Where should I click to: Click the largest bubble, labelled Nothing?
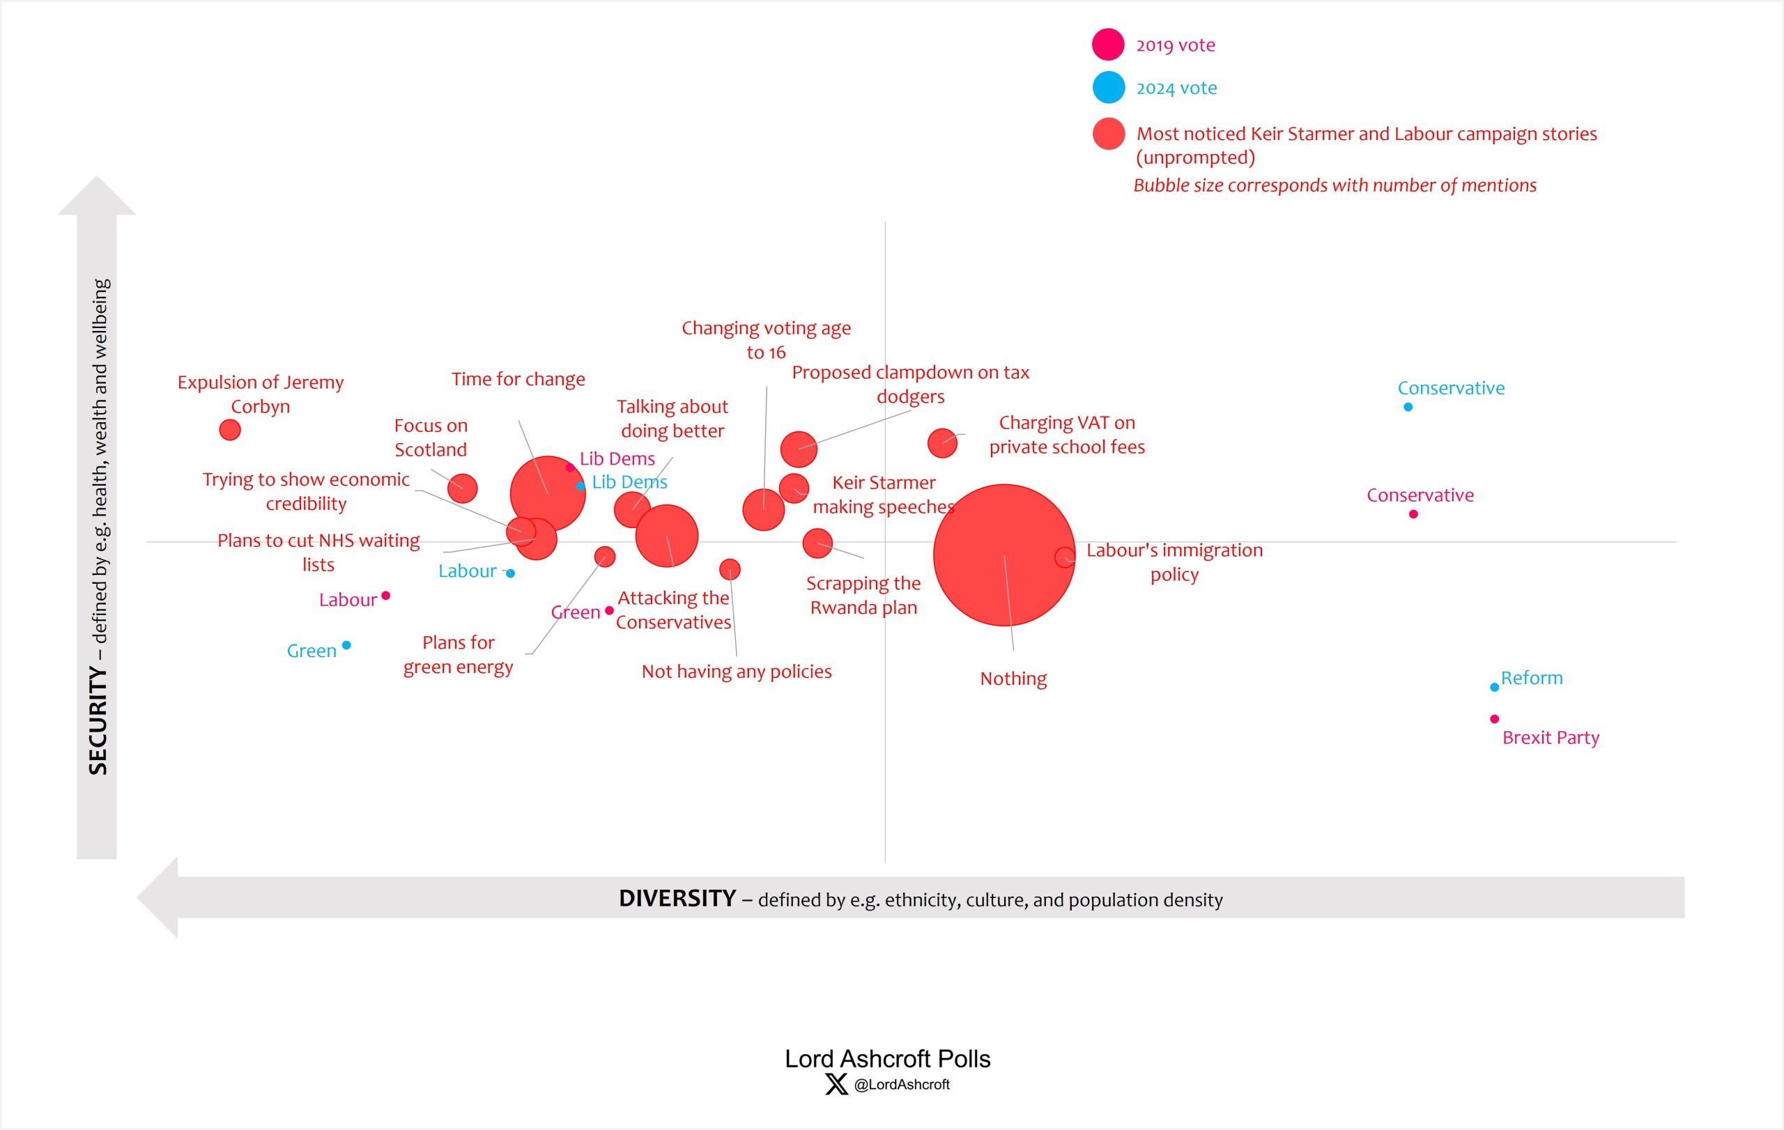click(1004, 555)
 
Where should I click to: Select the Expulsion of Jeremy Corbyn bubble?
click(230, 429)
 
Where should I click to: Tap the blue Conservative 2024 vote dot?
click(1408, 407)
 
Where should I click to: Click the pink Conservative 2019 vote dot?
click(1413, 514)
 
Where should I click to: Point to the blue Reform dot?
click(1493, 687)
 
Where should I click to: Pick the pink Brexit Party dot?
click(1493, 719)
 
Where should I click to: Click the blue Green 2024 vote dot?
click(346, 645)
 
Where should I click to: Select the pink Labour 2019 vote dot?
click(385, 596)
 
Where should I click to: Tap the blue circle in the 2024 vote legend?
click(1108, 87)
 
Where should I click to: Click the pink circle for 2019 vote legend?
click(1108, 45)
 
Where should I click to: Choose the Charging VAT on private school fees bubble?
click(941, 443)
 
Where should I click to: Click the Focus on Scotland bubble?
click(462, 488)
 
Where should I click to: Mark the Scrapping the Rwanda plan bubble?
click(817, 543)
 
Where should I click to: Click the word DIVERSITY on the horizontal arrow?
click(677, 898)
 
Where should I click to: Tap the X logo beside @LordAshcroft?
click(836, 1084)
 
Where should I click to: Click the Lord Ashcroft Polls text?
click(887, 1059)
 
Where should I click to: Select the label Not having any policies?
click(737, 672)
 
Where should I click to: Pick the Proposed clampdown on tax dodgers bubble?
click(798, 449)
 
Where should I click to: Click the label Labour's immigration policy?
click(1174, 562)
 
